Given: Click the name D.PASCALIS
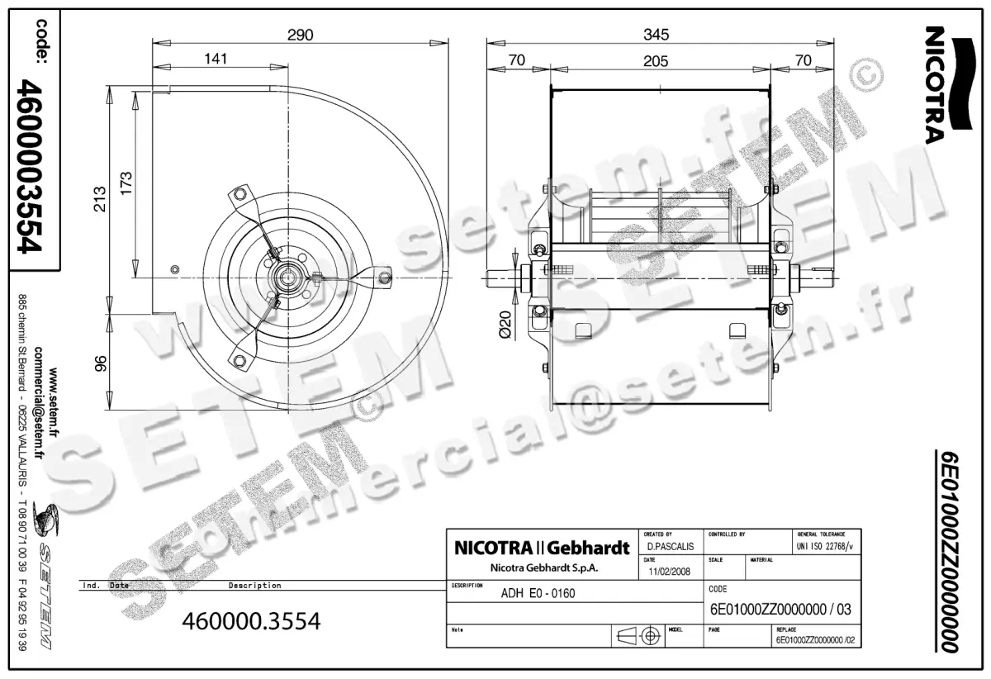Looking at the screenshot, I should click(x=670, y=547).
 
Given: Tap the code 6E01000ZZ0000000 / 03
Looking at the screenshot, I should click(x=780, y=611).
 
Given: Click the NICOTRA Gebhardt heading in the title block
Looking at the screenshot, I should click(x=542, y=548).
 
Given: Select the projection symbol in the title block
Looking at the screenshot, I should click(x=640, y=636).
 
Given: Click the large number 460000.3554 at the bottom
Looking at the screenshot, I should click(x=249, y=620).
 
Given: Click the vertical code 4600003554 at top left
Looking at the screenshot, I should click(x=33, y=165).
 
